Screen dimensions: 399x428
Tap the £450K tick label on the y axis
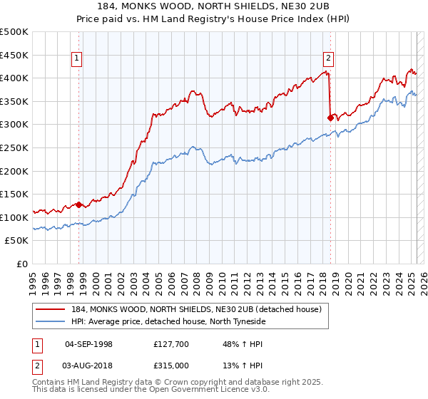(14, 55)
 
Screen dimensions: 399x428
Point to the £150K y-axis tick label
(14, 194)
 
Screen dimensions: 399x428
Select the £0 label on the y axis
(21, 264)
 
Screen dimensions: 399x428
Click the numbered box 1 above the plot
(76, 59)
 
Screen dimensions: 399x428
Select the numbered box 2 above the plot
(328, 59)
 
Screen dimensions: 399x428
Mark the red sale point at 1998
(79, 204)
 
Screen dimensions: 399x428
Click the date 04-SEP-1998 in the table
(88, 344)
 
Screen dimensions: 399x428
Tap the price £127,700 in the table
(170, 344)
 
